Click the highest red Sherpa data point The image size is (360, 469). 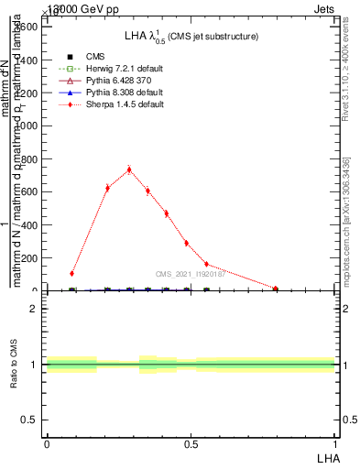coord(129,169)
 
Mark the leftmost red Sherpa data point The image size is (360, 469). coord(71,273)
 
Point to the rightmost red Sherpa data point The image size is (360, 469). coord(276,289)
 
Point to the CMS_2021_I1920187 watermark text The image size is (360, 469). coord(191,274)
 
